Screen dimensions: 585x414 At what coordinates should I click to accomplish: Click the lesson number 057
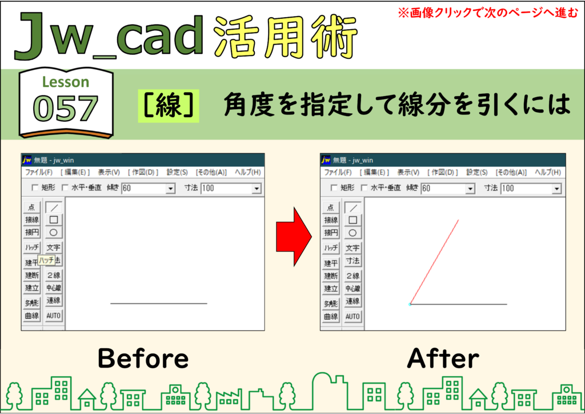tap(66, 108)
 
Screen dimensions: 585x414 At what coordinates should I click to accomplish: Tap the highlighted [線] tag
tap(169, 106)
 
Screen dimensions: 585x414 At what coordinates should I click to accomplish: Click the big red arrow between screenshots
tap(294, 237)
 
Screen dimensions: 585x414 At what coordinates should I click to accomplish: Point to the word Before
tap(143, 359)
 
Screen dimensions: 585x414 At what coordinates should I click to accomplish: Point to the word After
tap(443, 359)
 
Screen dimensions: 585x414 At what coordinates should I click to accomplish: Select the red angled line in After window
tap(434, 262)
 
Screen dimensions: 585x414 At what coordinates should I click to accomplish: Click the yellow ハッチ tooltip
tap(47, 260)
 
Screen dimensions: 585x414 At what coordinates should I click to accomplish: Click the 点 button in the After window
tap(331, 208)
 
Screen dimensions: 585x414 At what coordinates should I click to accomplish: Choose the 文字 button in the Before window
tap(53, 248)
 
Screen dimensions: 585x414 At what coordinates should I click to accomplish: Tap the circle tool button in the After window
tap(352, 233)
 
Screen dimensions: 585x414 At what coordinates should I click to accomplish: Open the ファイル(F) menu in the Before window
tap(39, 172)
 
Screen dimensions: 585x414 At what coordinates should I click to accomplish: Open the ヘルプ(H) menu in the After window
tap(548, 172)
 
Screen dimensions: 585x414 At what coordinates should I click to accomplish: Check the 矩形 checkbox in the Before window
tap(35, 188)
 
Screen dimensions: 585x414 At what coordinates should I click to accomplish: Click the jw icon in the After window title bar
tap(326, 160)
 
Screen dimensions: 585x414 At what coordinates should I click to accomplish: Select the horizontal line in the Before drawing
tap(159, 304)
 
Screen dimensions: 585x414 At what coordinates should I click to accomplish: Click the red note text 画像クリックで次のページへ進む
tap(493, 13)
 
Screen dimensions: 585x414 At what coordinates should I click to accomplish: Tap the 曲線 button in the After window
tap(331, 317)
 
